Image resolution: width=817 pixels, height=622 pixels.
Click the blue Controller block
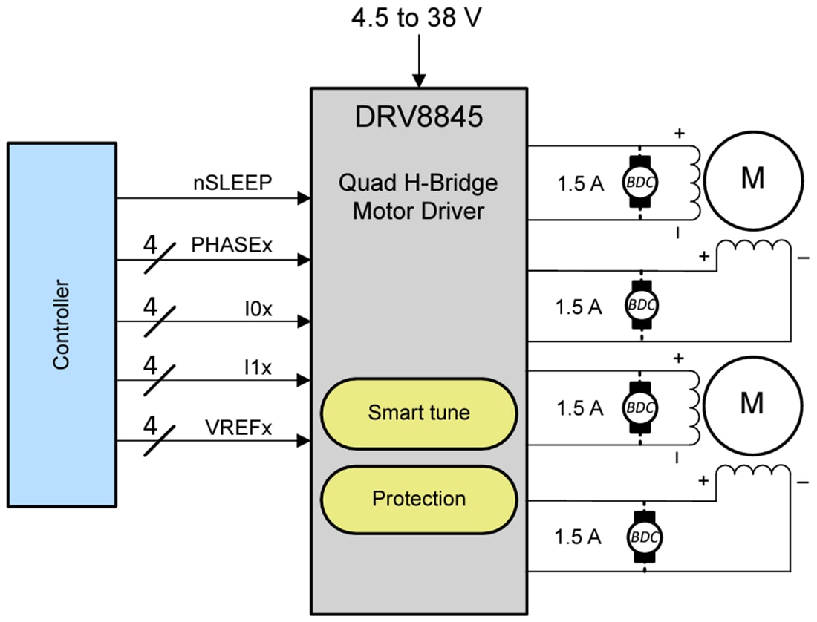[x=62, y=324]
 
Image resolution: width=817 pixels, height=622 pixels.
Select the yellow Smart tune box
[x=419, y=413]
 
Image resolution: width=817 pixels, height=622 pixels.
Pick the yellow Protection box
[x=419, y=499]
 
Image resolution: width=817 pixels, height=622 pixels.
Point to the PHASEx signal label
[x=232, y=244]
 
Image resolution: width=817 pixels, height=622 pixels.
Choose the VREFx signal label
[x=238, y=427]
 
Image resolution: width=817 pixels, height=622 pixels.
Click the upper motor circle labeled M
[x=752, y=179]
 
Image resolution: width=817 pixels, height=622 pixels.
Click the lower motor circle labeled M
[x=752, y=403]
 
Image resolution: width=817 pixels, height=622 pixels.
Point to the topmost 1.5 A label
[x=580, y=184]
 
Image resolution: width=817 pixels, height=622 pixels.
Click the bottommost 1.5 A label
[x=580, y=537]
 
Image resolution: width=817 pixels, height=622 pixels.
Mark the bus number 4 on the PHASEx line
[x=151, y=243]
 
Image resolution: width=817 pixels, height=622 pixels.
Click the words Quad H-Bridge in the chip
[x=419, y=183]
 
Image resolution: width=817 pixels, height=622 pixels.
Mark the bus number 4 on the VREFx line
[x=151, y=426]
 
